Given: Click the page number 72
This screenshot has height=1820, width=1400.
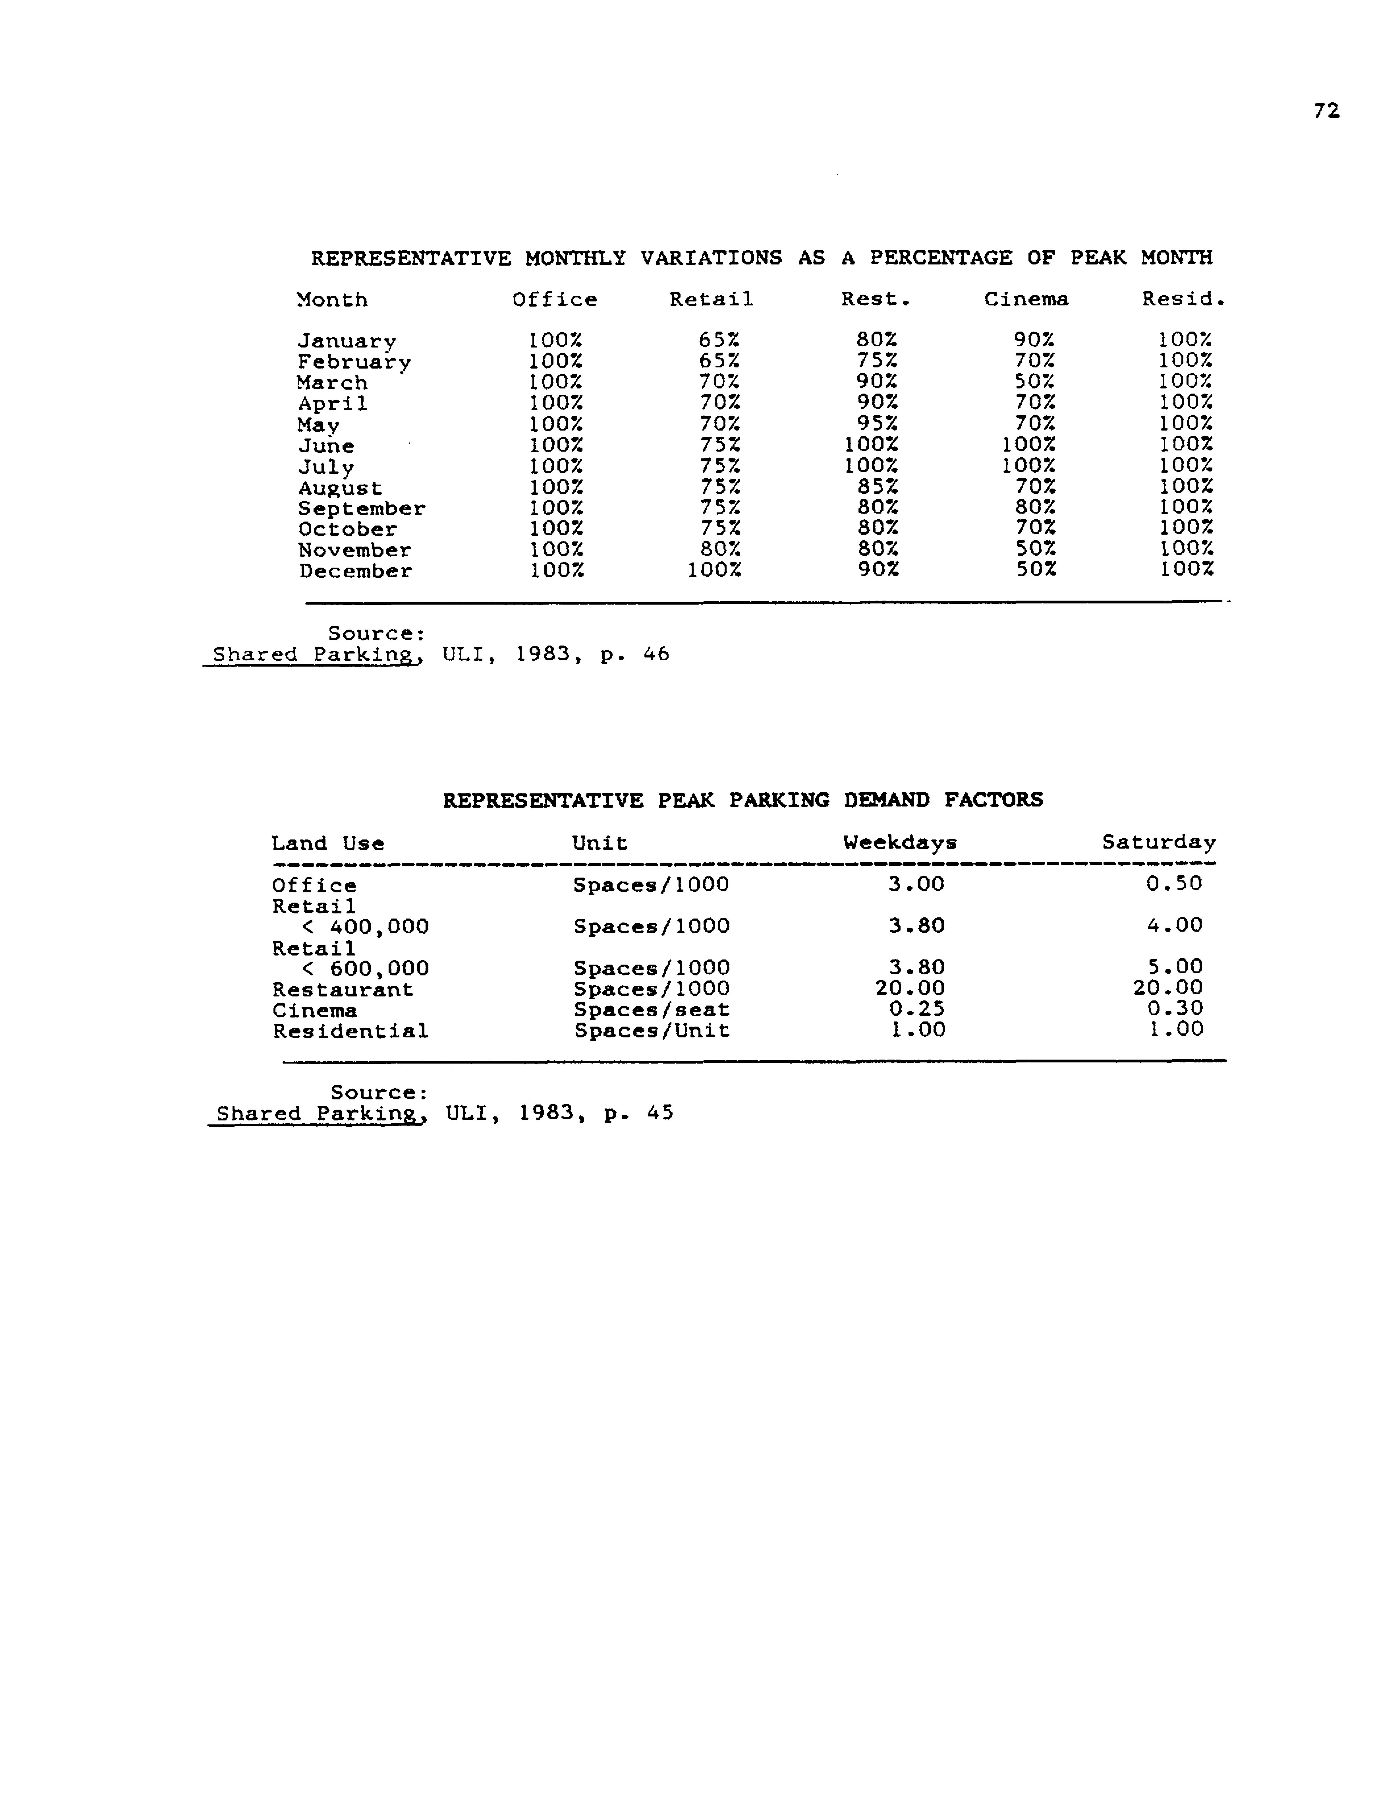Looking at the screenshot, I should click(1326, 111).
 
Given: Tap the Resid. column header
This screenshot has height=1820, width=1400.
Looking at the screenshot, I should click(1183, 299).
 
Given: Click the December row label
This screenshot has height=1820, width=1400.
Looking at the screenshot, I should click(356, 572).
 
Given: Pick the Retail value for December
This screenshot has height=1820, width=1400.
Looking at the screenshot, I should click(714, 570).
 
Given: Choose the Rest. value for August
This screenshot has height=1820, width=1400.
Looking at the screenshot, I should click(877, 487).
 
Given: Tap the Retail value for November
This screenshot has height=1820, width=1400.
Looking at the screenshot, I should click(719, 549).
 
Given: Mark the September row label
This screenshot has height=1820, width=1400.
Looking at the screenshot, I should click(362, 508).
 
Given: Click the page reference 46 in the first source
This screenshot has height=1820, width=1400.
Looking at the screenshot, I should click(656, 654).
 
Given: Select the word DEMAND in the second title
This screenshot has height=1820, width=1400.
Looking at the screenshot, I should click(885, 800).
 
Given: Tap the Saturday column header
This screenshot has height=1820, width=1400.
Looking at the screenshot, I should click(1158, 843).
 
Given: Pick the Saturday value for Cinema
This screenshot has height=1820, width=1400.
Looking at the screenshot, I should click(1174, 1008).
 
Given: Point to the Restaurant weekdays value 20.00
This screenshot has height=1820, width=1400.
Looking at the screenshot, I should click(909, 988).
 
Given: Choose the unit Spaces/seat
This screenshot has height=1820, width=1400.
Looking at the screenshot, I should click(651, 1010).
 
